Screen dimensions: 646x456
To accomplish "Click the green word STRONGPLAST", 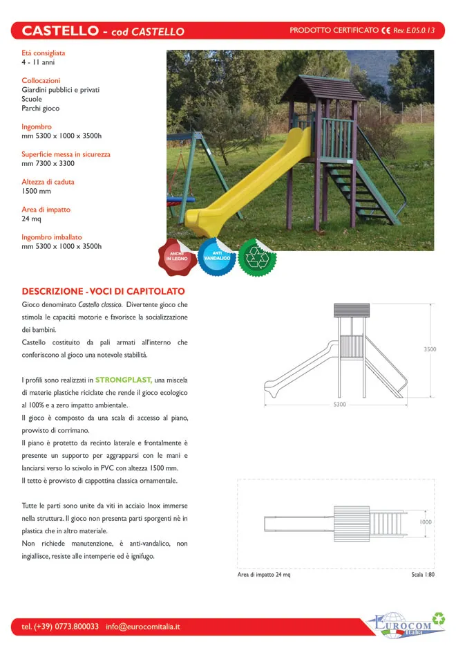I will (124, 380).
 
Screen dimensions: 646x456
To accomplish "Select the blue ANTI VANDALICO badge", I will (216, 256).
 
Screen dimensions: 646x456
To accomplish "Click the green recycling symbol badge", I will (257, 257).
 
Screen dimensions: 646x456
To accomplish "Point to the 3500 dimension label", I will (430, 349).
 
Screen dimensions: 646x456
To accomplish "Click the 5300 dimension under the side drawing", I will (339, 404).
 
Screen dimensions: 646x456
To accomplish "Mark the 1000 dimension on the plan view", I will (426, 523).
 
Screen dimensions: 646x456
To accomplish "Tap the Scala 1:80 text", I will (422, 575).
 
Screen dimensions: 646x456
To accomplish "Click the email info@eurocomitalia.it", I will (142, 627).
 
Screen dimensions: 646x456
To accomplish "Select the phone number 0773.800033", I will (77, 627).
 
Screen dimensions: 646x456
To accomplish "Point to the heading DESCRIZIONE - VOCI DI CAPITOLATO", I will (103, 291).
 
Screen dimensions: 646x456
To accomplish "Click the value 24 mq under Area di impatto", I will (32, 219).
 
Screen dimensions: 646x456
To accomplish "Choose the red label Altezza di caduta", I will (48, 182).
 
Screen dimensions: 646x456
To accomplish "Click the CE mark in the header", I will (386, 30).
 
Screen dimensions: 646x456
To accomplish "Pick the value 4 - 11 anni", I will (38, 62).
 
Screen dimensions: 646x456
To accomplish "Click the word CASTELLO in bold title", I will (60, 30).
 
